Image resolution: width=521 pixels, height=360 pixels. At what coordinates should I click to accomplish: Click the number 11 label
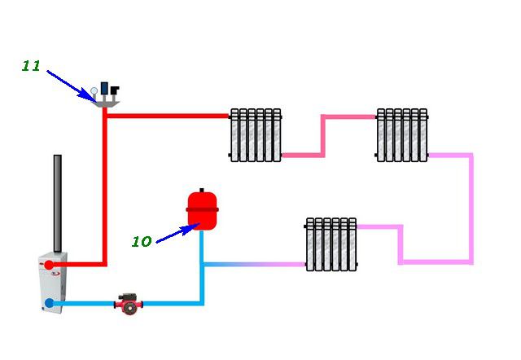tap(31, 67)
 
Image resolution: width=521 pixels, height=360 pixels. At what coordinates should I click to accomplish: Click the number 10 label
tap(142, 241)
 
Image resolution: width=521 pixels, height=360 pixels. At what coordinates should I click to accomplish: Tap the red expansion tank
tap(202, 210)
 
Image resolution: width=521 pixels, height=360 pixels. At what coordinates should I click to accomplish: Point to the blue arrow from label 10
tap(176, 232)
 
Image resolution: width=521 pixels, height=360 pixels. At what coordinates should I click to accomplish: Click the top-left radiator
tap(255, 134)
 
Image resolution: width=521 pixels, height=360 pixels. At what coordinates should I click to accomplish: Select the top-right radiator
tap(401, 134)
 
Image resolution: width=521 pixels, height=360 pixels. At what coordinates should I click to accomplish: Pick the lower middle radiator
tap(331, 244)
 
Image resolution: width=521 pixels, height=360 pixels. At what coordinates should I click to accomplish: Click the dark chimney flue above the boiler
tap(58, 204)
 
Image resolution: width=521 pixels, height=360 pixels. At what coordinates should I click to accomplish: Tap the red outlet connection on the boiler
tap(50, 265)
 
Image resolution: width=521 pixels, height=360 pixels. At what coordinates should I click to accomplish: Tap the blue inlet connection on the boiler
tap(50, 303)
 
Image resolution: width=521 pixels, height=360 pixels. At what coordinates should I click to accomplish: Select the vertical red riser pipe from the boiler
tap(105, 187)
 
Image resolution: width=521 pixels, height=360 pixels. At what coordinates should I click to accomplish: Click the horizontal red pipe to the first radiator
tap(167, 116)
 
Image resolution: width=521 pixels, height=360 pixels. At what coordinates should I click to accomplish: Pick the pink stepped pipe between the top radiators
tap(323, 134)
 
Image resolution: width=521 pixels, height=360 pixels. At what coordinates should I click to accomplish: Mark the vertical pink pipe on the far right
tap(471, 208)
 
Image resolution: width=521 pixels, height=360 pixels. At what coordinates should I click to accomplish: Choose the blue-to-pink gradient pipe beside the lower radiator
tap(252, 264)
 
